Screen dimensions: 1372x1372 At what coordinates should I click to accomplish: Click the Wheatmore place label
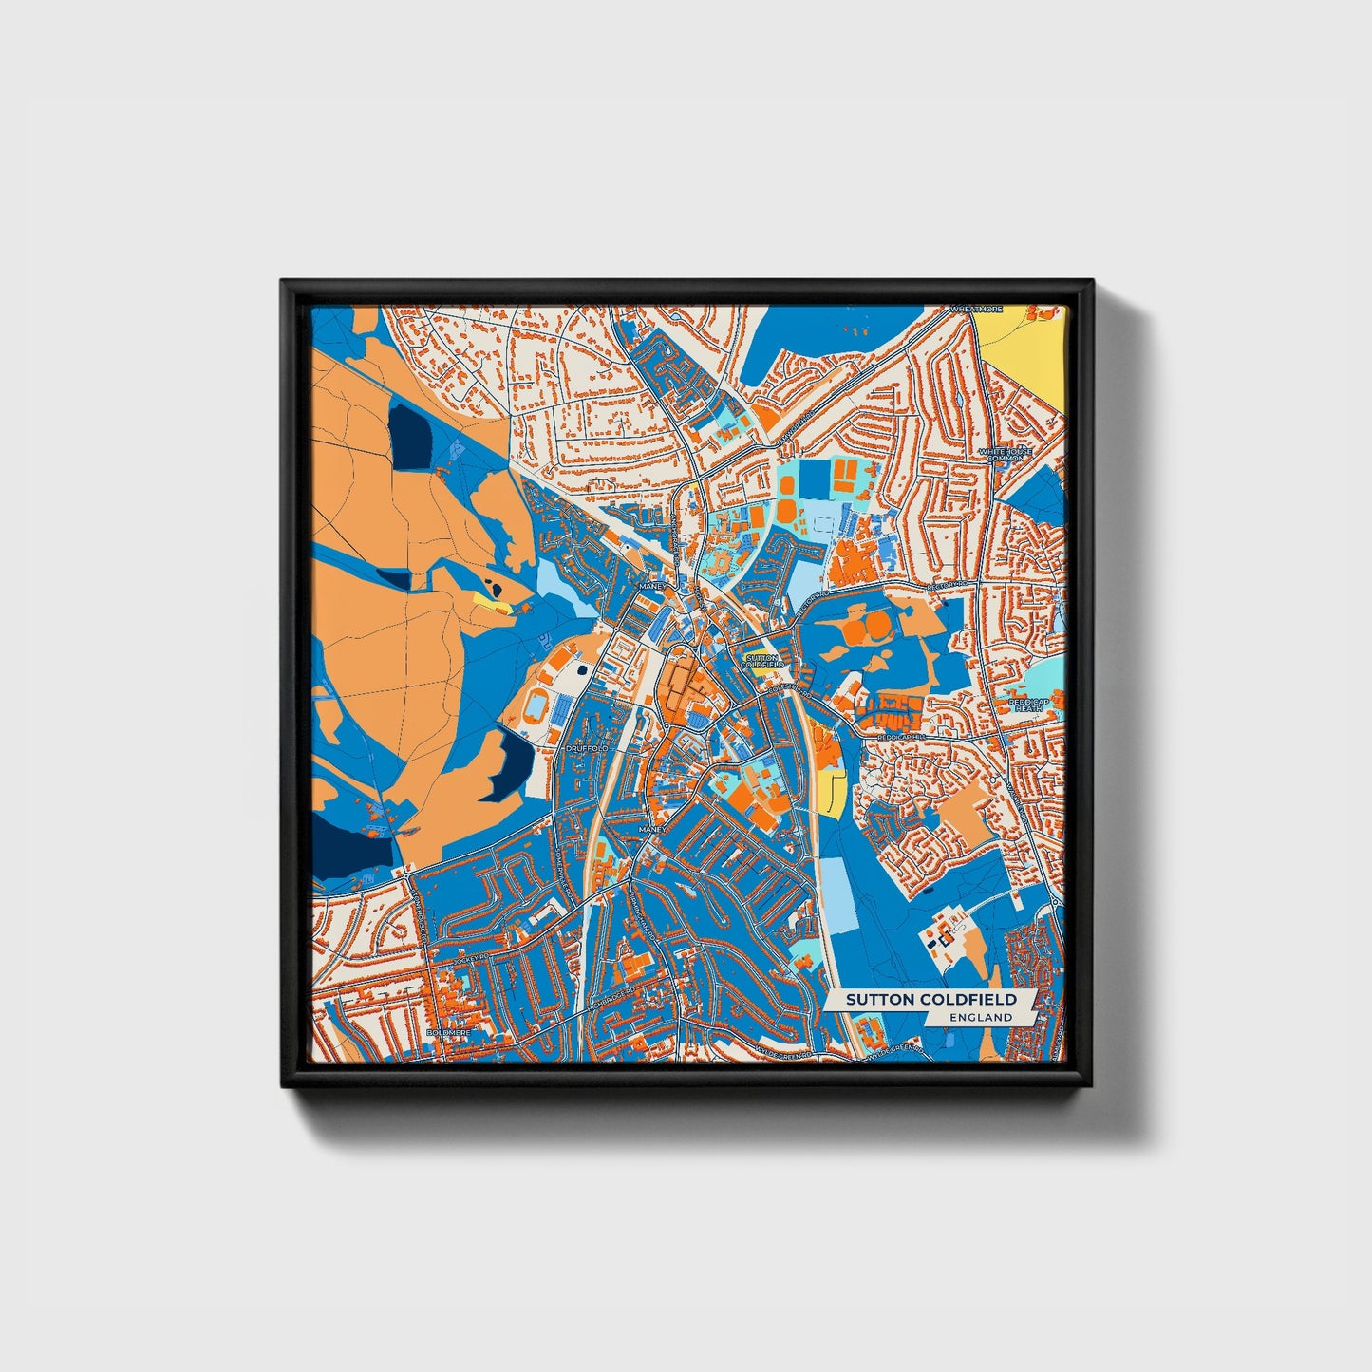coord(977,310)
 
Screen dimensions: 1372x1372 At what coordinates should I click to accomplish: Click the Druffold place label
coord(585,749)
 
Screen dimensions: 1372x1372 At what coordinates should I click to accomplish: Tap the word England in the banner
coord(981,1017)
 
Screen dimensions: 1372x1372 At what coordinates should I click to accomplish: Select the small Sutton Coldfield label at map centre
coord(762,661)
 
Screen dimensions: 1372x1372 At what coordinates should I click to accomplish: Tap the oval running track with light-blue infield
coord(537,706)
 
